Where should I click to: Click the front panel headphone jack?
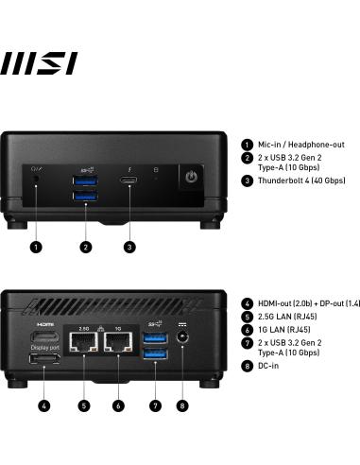36,178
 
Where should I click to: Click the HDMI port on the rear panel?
44,337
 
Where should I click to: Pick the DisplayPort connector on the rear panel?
44,360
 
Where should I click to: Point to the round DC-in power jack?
182,348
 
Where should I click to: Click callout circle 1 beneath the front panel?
36,247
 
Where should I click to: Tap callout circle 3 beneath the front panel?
129,247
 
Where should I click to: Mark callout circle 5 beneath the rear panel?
84,406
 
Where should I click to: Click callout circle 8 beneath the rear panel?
182,406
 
